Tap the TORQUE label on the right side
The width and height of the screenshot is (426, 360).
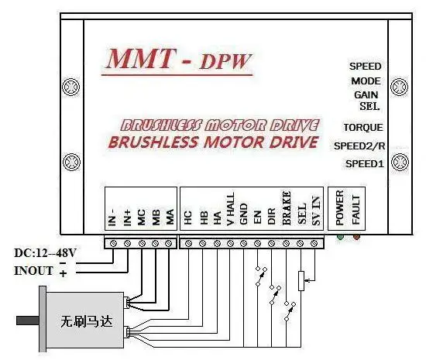(363, 127)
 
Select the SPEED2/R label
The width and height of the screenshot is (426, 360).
(359, 146)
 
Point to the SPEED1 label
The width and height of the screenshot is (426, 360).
(365, 164)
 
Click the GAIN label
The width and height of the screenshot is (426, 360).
(366, 95)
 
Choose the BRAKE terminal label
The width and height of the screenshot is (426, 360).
(287, 208)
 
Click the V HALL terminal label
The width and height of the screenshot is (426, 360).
(230, 209)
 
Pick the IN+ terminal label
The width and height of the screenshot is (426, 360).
(127, 218)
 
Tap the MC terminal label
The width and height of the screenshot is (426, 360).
(142, 218)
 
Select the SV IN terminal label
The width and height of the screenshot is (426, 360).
(316, 211)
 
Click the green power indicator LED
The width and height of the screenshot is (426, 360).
(340, 237)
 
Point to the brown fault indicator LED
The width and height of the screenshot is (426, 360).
(356, 237)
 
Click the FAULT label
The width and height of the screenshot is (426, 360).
(356, 210)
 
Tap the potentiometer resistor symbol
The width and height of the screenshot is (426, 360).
(301, 281)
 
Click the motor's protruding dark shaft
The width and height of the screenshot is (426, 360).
(28, 321)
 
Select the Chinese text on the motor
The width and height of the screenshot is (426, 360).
(86, 322)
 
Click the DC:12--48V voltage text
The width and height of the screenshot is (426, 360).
(45, 253)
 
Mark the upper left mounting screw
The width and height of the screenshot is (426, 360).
(71, 87)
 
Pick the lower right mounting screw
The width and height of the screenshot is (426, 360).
(400, 162)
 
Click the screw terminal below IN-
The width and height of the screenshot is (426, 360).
(113, 244)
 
